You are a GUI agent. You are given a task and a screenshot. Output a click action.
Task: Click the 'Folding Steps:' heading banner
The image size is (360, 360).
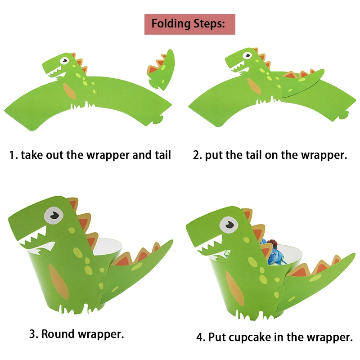click(189, 24)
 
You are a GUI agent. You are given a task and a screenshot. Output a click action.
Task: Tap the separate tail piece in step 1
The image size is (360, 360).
click(162, 70)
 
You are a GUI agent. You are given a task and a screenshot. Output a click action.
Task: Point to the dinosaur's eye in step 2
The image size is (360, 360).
click(246, 56)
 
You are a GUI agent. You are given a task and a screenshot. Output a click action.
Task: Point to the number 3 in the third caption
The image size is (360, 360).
click(32, 334)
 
